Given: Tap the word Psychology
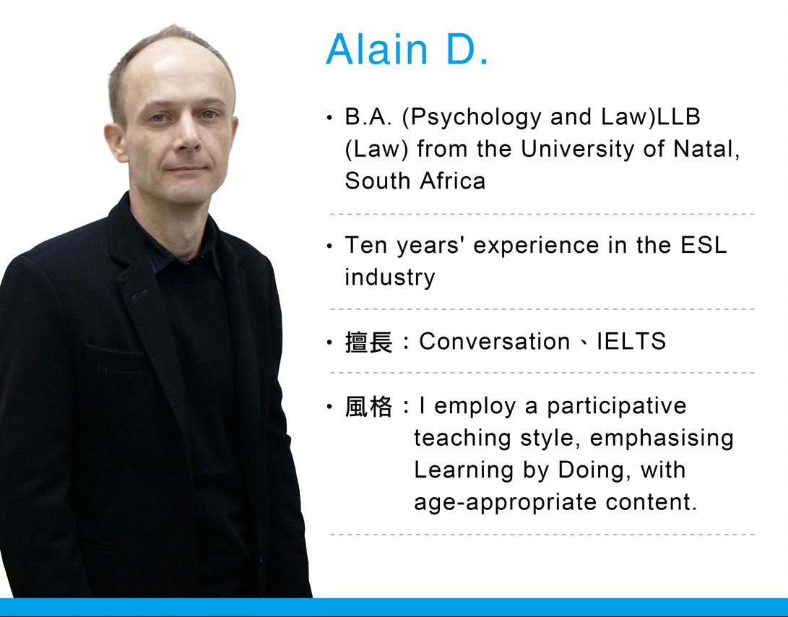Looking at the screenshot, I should click(x=471, y=117).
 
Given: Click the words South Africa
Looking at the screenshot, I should click(x=415, y=181).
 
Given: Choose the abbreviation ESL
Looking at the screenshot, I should click(x=703, y=245).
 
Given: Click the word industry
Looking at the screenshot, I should click(x=389, y=277).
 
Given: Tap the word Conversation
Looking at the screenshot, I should click(x=494, y=341).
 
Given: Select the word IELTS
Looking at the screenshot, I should click(x=631, y=341).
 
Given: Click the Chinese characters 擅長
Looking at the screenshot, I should click(x=368, y=342).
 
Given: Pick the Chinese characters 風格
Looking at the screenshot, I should click(x=368, y=406).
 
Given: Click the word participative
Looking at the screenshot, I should click(x=616, y=406).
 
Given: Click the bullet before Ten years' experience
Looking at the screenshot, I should click(x=329, y=246).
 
